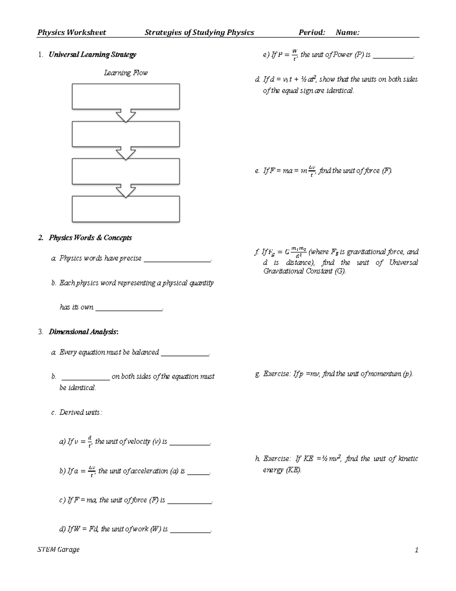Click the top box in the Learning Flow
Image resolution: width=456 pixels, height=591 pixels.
pos(126,97)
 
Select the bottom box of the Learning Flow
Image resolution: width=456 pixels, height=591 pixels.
pos(126,209)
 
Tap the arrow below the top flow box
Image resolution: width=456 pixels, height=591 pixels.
pos(126,115)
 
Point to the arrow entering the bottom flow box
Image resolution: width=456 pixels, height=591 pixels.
pos(126,190)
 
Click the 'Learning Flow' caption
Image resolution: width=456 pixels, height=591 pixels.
pos(126,73)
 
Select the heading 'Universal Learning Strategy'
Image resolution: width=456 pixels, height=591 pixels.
pos(92,54)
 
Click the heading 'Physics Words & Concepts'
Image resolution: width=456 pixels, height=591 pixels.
pos(90,238)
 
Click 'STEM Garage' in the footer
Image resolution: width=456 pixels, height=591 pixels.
pos(59,550)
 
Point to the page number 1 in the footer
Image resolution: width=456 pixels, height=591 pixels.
pos(416,550)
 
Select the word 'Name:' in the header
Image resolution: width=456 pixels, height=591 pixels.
pos(347,33)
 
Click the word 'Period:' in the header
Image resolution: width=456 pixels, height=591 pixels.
pos(312,33)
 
